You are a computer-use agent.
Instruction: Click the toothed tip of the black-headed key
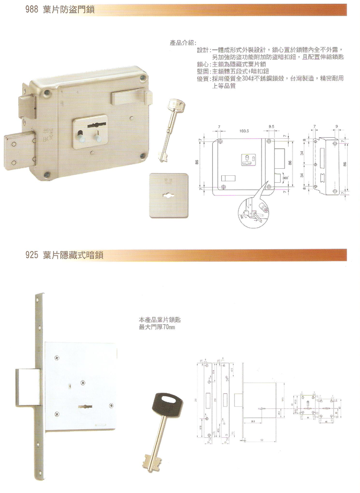pyautogui.click(x=148, y=461)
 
